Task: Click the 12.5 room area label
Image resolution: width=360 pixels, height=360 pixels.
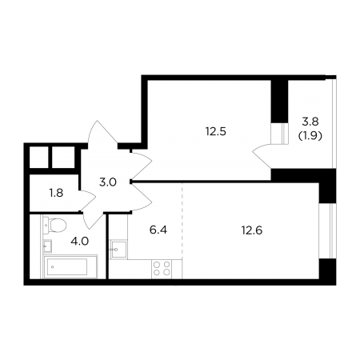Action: tap(216, 131)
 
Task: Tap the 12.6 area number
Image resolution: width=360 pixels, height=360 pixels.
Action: tap(252, 230)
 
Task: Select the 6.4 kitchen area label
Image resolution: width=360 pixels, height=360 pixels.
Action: tap(158, 230)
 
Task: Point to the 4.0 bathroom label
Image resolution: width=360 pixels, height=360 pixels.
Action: tap(79, 242)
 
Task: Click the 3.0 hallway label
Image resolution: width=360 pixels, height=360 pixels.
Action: tap(108, 182)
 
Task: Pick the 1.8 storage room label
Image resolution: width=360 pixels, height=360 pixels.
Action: tap(56, 193)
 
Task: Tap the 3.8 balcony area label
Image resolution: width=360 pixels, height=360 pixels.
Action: tap(310, 122)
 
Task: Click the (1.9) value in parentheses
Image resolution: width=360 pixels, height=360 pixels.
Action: tap(310, 136)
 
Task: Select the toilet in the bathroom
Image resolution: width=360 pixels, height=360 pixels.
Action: tap(54, 226)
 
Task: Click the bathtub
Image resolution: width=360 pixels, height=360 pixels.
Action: tap(70, 266)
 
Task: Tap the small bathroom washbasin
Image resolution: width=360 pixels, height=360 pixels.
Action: tap(47, 246)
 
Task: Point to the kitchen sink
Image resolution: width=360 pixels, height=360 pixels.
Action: tap(118, 249)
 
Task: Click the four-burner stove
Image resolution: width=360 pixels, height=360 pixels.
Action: tap(162, 269)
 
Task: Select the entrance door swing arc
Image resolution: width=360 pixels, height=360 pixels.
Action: tap(102, 133)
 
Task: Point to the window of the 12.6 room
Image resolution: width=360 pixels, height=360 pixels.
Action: tap(327, 231)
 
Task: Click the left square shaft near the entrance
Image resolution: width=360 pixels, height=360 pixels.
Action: tap(39, 158)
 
